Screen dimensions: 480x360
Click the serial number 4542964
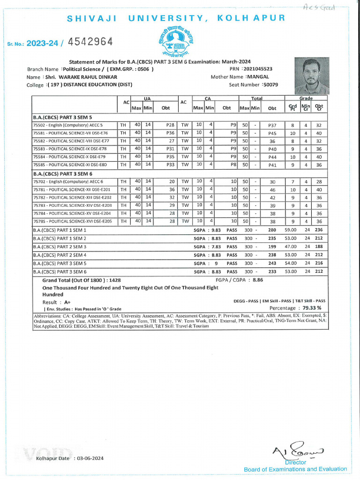90,42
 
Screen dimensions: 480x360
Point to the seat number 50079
270,85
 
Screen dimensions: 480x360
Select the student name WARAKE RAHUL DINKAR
81,77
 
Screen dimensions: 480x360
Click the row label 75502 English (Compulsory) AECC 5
68,125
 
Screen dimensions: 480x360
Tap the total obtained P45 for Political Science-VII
272,133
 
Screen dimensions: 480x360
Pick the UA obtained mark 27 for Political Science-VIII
172,141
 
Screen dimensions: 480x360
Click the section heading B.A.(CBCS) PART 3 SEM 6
62,173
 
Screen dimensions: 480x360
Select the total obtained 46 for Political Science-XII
272,189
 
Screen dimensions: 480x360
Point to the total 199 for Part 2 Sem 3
272,247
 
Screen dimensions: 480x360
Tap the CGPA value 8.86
258,279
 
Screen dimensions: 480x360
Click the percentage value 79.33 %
312,308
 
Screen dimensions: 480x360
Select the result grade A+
67,302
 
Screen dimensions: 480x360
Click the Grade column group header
305,99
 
